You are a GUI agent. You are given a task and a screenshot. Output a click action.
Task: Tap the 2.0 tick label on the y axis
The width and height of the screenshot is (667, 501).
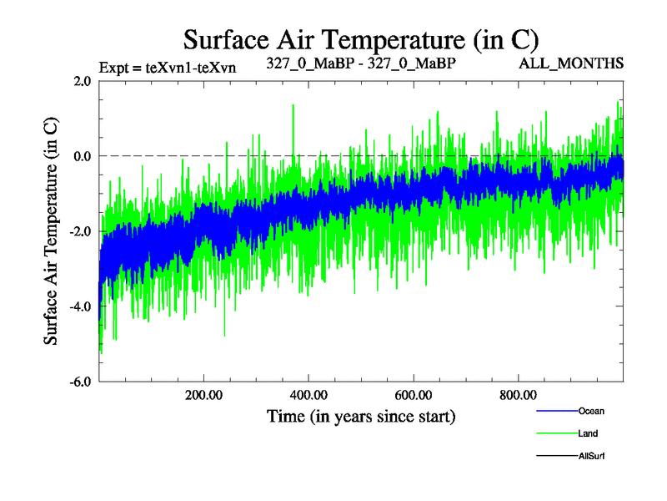coord(83,81)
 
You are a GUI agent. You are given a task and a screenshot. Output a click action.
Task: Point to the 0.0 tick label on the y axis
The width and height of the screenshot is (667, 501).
coord(83,156)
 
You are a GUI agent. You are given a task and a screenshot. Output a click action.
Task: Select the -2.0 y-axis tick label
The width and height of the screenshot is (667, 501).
coord(81,231)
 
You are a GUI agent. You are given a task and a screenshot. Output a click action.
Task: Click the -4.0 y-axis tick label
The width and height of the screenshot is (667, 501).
coord(81,306)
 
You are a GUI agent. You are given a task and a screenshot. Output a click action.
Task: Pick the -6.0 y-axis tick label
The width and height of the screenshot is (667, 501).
coord(81,382)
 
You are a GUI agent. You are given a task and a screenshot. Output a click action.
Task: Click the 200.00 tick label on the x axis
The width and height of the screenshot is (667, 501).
coord(203,395)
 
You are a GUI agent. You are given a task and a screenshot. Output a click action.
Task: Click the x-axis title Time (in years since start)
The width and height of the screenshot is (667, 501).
coord(361,416)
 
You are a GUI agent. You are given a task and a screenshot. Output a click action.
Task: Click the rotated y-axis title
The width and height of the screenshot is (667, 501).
coord(51,231)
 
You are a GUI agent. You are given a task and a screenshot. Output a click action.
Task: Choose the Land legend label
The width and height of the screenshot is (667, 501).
coord(588,433)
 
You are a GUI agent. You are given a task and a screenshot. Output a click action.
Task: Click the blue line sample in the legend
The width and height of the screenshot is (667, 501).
coord(555,411)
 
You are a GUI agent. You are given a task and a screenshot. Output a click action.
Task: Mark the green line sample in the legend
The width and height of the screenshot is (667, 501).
coord(555,433)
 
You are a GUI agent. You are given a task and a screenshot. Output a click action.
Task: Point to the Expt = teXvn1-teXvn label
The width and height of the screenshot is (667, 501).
coord(167,68)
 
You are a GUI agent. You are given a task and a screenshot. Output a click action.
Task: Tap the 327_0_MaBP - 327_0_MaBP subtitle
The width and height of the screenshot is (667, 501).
coord(361,63)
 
